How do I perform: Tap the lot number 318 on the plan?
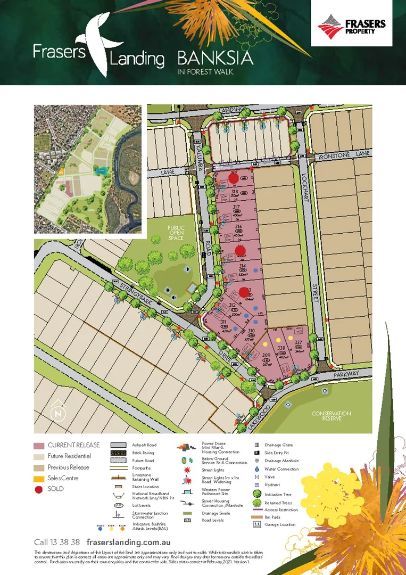(234, 191)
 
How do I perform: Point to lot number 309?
(267, 356)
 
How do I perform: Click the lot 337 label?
(299, 342)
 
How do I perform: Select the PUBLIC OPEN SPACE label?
(175, 232)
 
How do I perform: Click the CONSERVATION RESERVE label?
(332, 416)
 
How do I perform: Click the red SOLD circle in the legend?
(38, 489)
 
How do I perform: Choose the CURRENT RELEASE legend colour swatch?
(38, 445)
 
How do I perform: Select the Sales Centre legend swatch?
(38, 478)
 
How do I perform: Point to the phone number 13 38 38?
(57, 541)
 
